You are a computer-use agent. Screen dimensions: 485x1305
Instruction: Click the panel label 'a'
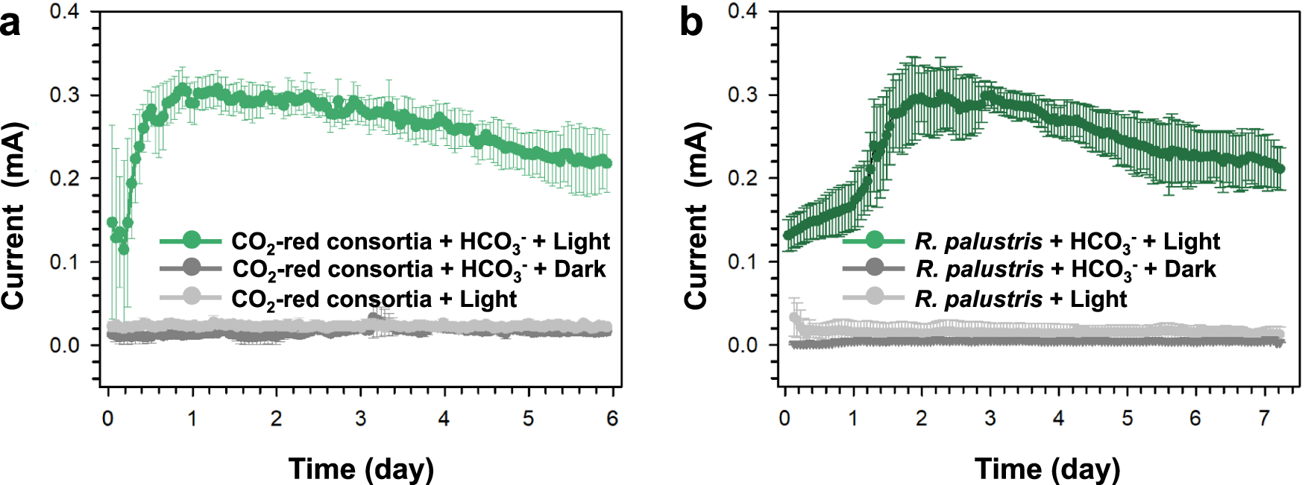click(10, 24)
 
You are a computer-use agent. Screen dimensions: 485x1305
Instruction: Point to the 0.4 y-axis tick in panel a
click(64, 11)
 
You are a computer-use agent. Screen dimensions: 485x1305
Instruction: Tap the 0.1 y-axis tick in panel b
click(742, 262)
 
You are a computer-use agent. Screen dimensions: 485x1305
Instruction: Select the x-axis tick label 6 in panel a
click(612, 419)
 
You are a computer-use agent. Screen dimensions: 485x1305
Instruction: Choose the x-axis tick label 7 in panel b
click(1264, 419)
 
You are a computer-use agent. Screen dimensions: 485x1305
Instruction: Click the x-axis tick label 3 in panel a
click(360, 419)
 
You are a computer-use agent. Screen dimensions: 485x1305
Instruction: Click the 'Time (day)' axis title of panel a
click(361, 469)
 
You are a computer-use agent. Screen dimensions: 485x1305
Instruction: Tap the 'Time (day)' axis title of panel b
click(1047, 469)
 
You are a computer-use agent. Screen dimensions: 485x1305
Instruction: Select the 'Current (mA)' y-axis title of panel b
click(696, 216)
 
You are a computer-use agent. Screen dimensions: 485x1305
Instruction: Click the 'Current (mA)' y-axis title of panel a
click(13, 216)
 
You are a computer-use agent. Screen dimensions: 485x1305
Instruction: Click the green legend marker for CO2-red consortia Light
click(192, 241)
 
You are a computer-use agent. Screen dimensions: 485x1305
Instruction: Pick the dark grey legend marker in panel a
click(192, 268)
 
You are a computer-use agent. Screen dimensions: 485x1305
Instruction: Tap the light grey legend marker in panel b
click(874, 298)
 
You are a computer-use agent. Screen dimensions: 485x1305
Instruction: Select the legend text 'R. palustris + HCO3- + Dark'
click(1066, 269)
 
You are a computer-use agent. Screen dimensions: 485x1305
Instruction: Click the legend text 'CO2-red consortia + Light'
click(374, 299)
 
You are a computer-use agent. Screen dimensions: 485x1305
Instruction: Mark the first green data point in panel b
click(789, 235)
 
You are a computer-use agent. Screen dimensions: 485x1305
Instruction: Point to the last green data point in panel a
click(607, 163)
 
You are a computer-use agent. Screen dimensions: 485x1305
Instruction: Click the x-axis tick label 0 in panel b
click(784, 419)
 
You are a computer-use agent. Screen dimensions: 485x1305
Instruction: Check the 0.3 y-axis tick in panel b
click(742, 95)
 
